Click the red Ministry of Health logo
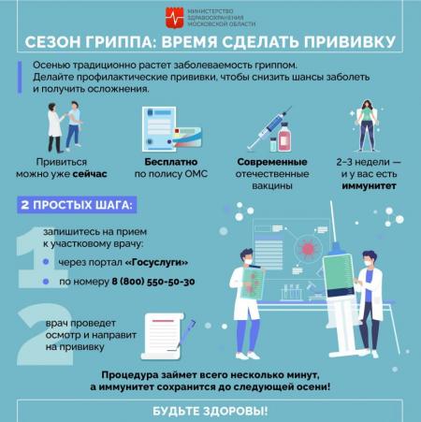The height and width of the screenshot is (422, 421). click(174, 18)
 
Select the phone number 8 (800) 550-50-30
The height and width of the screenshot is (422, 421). click(153, 282)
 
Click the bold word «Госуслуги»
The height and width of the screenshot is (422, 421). click(156, 262)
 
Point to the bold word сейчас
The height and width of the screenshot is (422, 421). click(90, 174)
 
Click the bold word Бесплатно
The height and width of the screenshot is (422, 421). click(171, 162)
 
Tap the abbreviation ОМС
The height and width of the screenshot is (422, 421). click(196, 174)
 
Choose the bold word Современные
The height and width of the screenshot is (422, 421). click(272, 162)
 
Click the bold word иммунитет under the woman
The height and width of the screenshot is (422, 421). click(369, 186)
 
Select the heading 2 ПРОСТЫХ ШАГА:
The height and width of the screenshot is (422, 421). click(77, 205)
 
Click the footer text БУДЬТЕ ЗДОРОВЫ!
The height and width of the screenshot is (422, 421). click(210, 411)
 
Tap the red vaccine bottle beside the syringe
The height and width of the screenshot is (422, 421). click(284, 137)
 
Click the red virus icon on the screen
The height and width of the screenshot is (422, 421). click(308, 248)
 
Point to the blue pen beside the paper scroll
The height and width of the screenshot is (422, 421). click(186, 333)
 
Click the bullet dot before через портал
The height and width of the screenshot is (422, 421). click(46, 262)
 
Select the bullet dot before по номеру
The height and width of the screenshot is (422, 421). click(46, 282)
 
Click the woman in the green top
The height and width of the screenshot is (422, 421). click(367, 125)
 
